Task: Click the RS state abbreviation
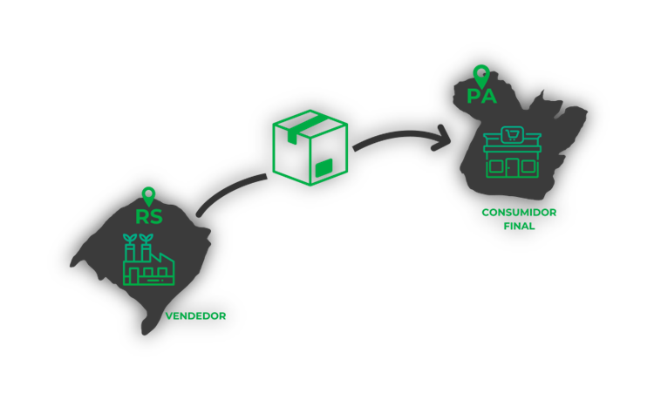tap(149, 217)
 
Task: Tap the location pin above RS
tap(148, 196)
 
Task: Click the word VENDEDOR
tap(195, 316)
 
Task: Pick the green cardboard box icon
tap(310, 147)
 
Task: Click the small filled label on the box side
tap(324, 166)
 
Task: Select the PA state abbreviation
tap(481, 96)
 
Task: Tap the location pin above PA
tap(480, 75)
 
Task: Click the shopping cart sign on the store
tap(514, 134)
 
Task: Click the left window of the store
tap(496, 164)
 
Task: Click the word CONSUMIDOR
tap(519, 213)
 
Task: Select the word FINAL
tap(519, 227)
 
